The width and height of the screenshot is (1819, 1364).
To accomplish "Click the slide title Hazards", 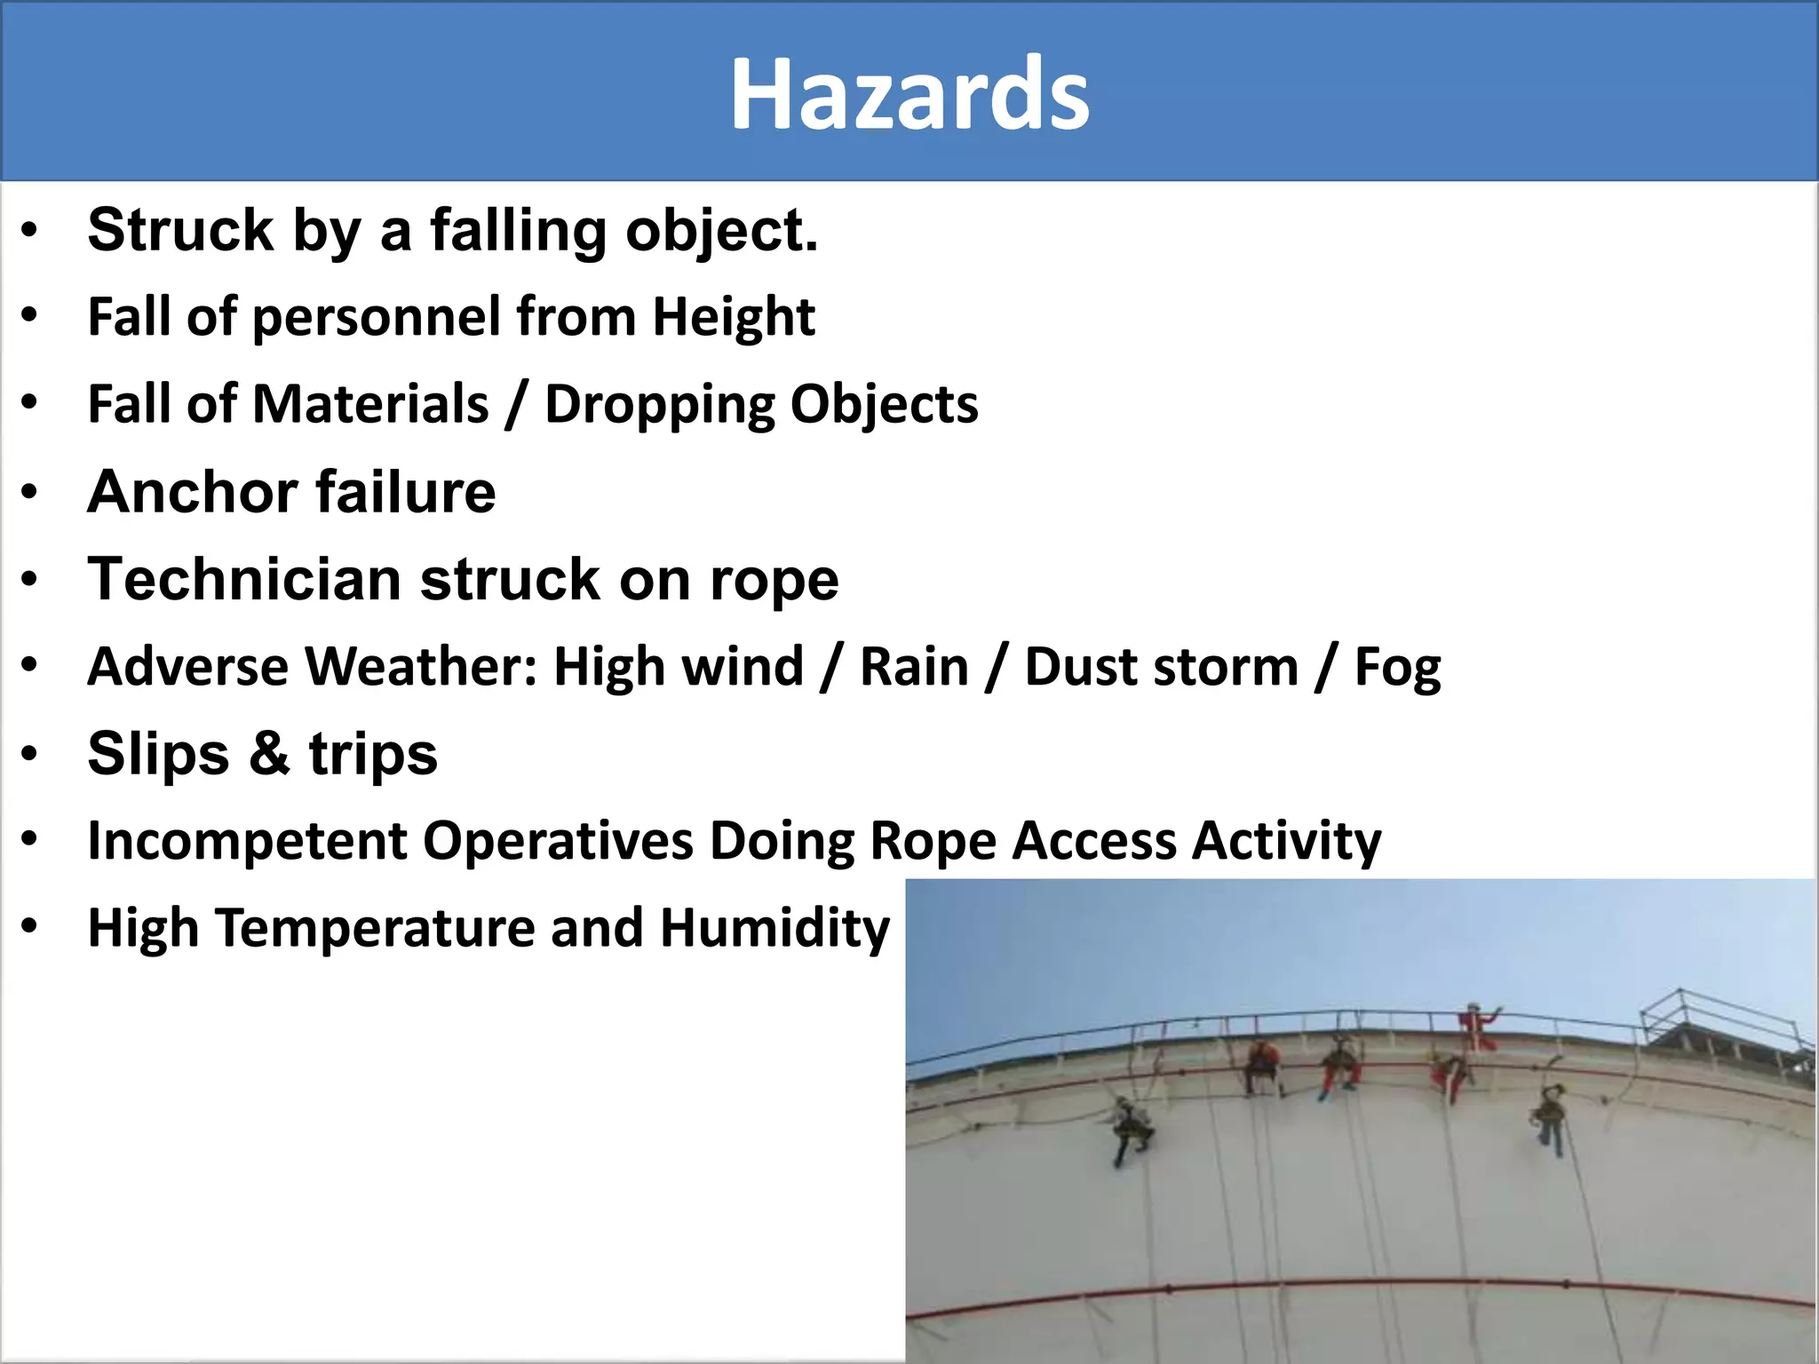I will pos(909,94).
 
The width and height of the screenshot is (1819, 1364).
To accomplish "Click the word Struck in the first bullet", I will pos(180,230).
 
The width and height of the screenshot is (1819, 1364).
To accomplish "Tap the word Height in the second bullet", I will pos(734,317).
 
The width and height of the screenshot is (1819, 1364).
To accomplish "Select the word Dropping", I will pos(659,405).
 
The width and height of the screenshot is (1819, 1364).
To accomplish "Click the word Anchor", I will pos(192,491).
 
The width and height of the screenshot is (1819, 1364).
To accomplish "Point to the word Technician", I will pos(244,579).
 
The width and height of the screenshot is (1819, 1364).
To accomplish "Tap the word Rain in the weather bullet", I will pos(914,667).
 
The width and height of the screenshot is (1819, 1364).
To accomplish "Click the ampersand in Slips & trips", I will pos(269,753).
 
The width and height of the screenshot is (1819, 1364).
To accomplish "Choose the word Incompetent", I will pos(247,841).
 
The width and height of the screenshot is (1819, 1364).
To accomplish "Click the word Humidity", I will pos(774,929).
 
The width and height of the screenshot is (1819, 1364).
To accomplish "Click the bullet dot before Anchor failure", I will pos(29,492).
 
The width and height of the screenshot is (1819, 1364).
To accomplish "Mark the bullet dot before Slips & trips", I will pos(29,754).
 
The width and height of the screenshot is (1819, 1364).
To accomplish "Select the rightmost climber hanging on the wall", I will pos(1549,1118).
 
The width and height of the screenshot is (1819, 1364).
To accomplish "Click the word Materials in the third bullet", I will pos(370,405).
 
